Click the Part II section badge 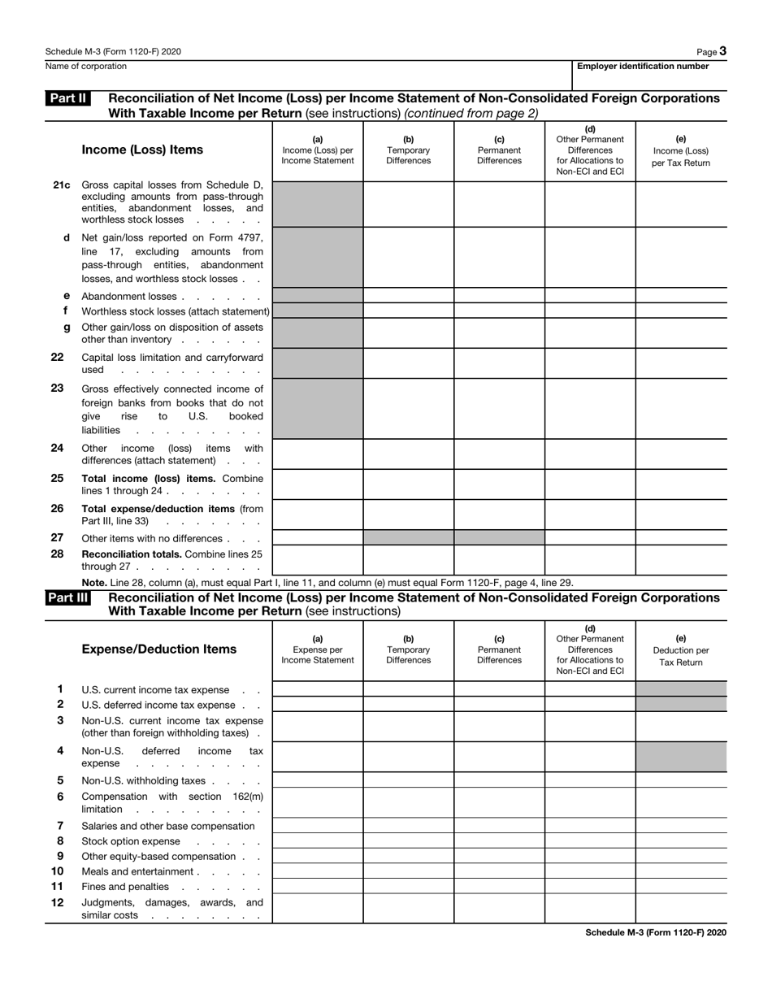(67, 98)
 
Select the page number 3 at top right (722, 51)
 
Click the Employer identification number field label (643, 67)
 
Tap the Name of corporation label (86, 67)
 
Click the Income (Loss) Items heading (142, 150)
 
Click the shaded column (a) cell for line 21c (317, 203)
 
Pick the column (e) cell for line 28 (681, 560)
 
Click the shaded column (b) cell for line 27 (408, 537)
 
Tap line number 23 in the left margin (58, 389)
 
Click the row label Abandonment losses (129, 297)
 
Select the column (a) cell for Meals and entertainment (317, 871)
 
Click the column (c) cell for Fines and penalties (499, 887)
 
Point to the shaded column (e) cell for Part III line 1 (681, 689)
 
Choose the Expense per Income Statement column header (317, 649)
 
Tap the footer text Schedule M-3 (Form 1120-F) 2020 (655, 932)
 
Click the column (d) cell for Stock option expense (590, 841)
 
